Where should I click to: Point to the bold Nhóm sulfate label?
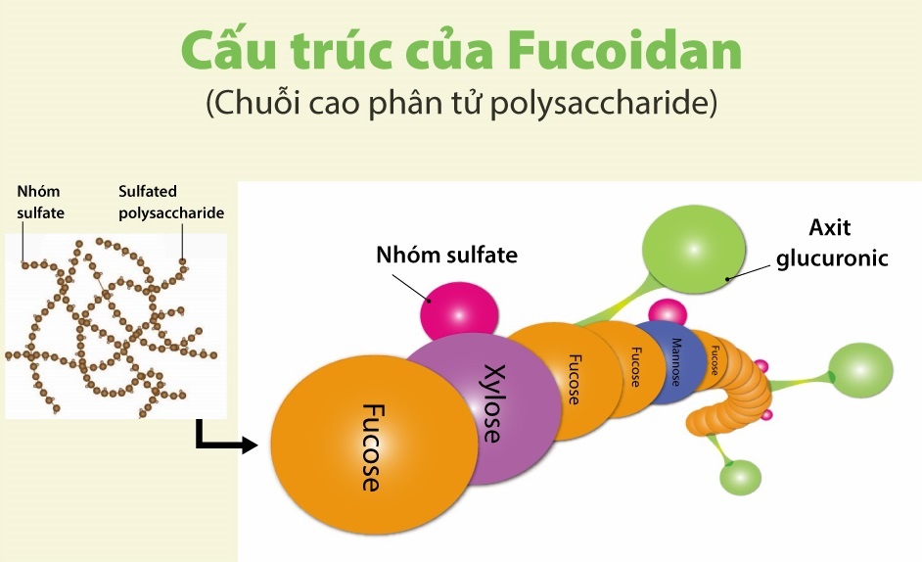click(446, 256)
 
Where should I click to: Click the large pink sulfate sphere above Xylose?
click(458, 312)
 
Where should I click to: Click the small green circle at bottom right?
click(740, 477)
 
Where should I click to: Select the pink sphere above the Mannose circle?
click(668, 311)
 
